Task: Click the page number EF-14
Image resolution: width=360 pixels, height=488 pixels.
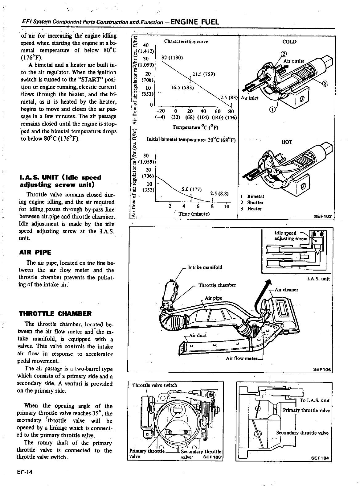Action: pyautogui.click(x=26, y=472)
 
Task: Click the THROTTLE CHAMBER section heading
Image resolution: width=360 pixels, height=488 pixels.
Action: pyautogui.click(x=55, y=314)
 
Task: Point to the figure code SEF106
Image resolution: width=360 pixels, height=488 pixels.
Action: pyautogui.click(x=321, y=369)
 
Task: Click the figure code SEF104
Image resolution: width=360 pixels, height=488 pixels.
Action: pyautogui.click(x=321, y=458)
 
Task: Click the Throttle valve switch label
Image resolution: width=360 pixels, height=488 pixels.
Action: pyautogui.click(x=154, y=385)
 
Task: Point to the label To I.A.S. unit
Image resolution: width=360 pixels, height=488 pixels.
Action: pyautogui.click(x=314, y=400)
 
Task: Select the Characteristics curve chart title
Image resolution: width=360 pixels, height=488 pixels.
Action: pyautogui.click(x=186, y=41)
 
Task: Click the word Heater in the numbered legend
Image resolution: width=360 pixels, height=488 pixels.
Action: pyautogui.click(x=254, y=209)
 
